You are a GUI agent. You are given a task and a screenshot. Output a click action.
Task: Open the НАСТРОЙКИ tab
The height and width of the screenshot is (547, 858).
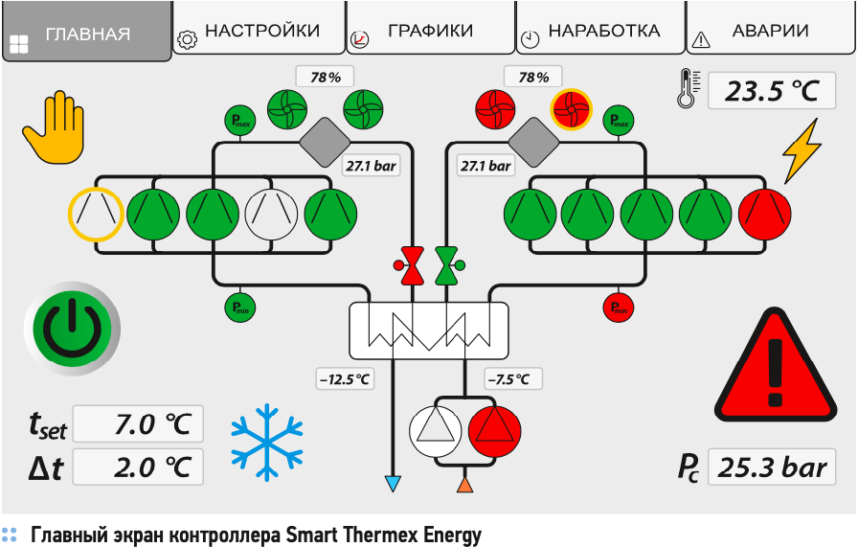[x=260, y=31]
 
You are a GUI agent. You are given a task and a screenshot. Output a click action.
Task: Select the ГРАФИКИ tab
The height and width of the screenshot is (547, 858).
[x=430, y=31]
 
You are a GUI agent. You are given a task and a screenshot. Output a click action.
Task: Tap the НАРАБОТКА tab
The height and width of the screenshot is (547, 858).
[x=602, y=31]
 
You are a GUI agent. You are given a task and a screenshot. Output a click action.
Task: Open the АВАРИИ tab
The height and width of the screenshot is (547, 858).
[x=770, y=31]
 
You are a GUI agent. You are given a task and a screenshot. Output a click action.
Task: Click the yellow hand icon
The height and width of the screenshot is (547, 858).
[x=55, y=130]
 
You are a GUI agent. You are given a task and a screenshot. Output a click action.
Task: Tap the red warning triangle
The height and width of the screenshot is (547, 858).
[x=777, y=363]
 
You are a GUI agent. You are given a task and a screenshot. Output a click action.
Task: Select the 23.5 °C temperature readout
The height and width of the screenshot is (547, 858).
[x=772, y=91]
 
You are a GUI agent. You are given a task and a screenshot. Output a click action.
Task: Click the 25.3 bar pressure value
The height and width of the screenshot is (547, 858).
[x=772, y=467]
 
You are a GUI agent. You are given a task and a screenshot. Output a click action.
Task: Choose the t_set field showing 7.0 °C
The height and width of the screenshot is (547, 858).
[x=138, y=423]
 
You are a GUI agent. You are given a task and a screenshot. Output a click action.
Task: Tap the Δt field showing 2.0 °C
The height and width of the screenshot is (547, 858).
[x=138, y=467]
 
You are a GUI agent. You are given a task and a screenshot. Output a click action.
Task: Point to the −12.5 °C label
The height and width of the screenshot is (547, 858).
[x=345, y=378]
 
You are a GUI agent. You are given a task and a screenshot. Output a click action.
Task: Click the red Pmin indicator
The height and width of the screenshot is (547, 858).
[x=619, y=308]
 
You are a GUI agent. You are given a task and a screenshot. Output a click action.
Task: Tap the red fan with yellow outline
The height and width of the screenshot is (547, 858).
[x=571, y=108]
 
